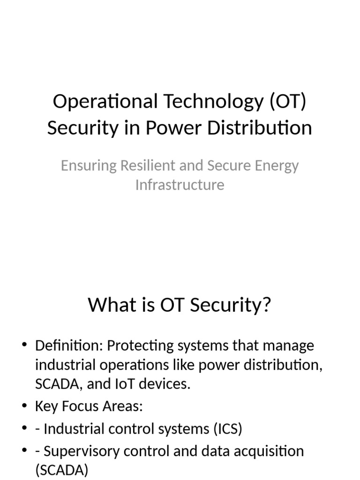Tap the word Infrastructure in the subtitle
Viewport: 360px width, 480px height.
point(180,185)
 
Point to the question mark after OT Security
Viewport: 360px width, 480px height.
point(267,306)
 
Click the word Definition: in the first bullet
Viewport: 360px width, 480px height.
point(69,346)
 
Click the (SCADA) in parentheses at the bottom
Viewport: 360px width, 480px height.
point(61,470)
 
